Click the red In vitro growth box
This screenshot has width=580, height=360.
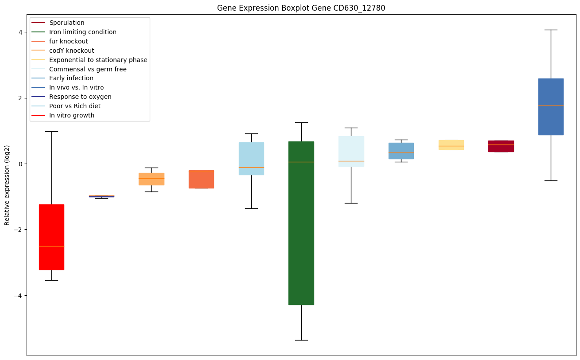coord(51,237)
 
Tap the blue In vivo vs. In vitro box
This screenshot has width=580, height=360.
coord(551,106)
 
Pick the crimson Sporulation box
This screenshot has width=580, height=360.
coord(501,146)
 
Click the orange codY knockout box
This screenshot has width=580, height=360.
coord(151,179)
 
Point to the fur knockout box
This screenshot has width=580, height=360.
coord(201,179)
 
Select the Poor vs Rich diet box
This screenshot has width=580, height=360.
coord(251,158)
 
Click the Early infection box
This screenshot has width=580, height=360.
coord(401,151)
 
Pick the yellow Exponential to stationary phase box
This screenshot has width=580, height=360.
coord(451,145)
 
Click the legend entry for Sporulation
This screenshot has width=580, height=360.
coord(67,23)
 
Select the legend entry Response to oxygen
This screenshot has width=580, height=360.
coord(80,97)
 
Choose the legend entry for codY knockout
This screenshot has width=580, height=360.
coord(71,51)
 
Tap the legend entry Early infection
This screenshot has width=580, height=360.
coord(71,78)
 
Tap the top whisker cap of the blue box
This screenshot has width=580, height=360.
coord(551,30)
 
